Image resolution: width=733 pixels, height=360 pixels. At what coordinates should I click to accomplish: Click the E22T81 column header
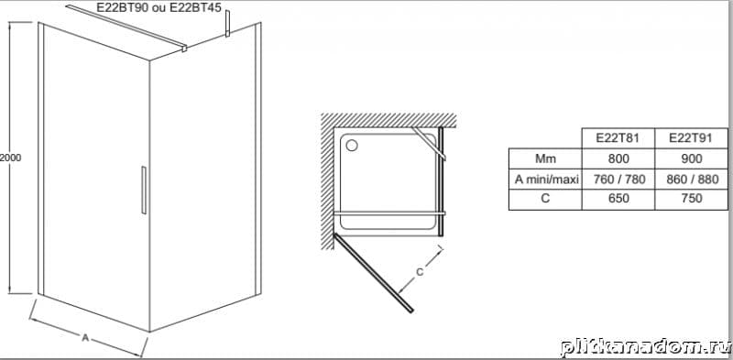click(x=618, y=138)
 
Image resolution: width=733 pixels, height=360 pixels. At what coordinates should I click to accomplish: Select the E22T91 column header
click(x=692, y=138)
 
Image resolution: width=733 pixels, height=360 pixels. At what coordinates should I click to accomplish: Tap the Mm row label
click(x=545, y=158)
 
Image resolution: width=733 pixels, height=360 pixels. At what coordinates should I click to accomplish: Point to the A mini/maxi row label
click(x=545, y=179)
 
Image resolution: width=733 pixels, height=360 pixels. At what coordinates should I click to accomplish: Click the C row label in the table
click(x=545, y=198)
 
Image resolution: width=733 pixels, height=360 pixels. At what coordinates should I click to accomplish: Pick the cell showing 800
click(x=618, y=158)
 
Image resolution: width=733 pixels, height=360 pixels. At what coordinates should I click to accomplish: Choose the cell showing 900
click(x=692, y=158)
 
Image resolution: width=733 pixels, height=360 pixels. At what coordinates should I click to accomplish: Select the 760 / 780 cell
click(x=618, y=179)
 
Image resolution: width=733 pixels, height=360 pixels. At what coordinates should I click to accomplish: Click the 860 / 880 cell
click(x=692, y=179)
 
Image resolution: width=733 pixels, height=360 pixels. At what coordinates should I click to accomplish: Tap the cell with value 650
click(x=618, y=198)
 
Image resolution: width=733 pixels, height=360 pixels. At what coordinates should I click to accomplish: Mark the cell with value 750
click(x=692, y=198)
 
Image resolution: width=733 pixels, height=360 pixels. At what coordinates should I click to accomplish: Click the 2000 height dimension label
click(x=10, y=158)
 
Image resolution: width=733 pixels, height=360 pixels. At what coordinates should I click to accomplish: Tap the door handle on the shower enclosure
click(x=144, y=190)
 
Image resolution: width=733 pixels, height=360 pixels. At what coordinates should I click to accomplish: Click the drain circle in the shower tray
click(x=352, y=145)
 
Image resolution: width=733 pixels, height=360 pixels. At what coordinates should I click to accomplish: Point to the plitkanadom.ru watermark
click(x=646, y=347)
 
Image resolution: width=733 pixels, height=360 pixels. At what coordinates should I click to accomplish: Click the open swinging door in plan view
click(x=374, y=273)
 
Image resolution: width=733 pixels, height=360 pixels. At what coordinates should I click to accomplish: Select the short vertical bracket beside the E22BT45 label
click(x=227, y=23)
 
